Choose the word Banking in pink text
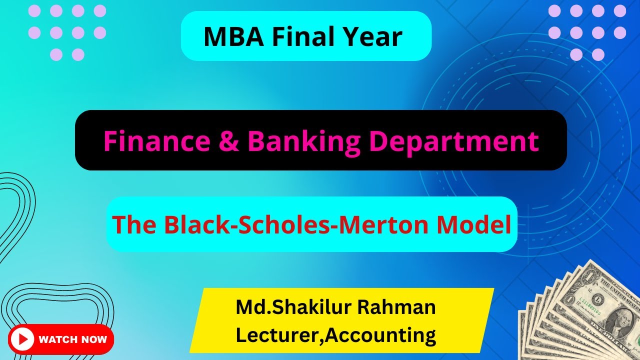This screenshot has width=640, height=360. [304, 141]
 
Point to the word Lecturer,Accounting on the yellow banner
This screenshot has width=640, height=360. [335, 335]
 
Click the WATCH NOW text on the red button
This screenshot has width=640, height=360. [73, 339]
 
